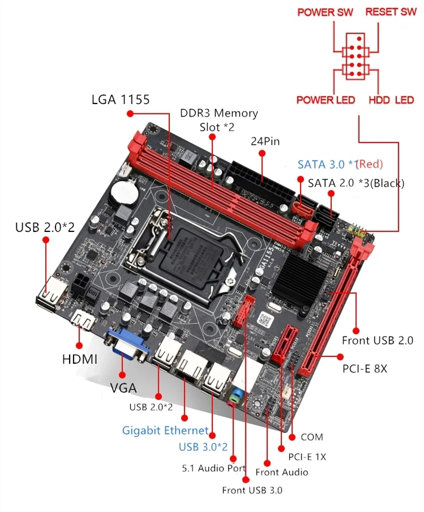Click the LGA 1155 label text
(121, 99)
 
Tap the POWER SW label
(325, 12)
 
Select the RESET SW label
(391, 12)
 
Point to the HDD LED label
(391, 100)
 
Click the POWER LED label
(326, 100)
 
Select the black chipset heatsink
(297, 278)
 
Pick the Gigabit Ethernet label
(165, 431)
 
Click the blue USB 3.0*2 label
(203, 446)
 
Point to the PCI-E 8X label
(365, 369)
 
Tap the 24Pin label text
(265, 141)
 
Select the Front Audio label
(281, 472)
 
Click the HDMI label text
(80, 359)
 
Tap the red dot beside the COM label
(292, 437)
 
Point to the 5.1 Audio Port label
(214, 468)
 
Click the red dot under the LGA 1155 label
(130, 114)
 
